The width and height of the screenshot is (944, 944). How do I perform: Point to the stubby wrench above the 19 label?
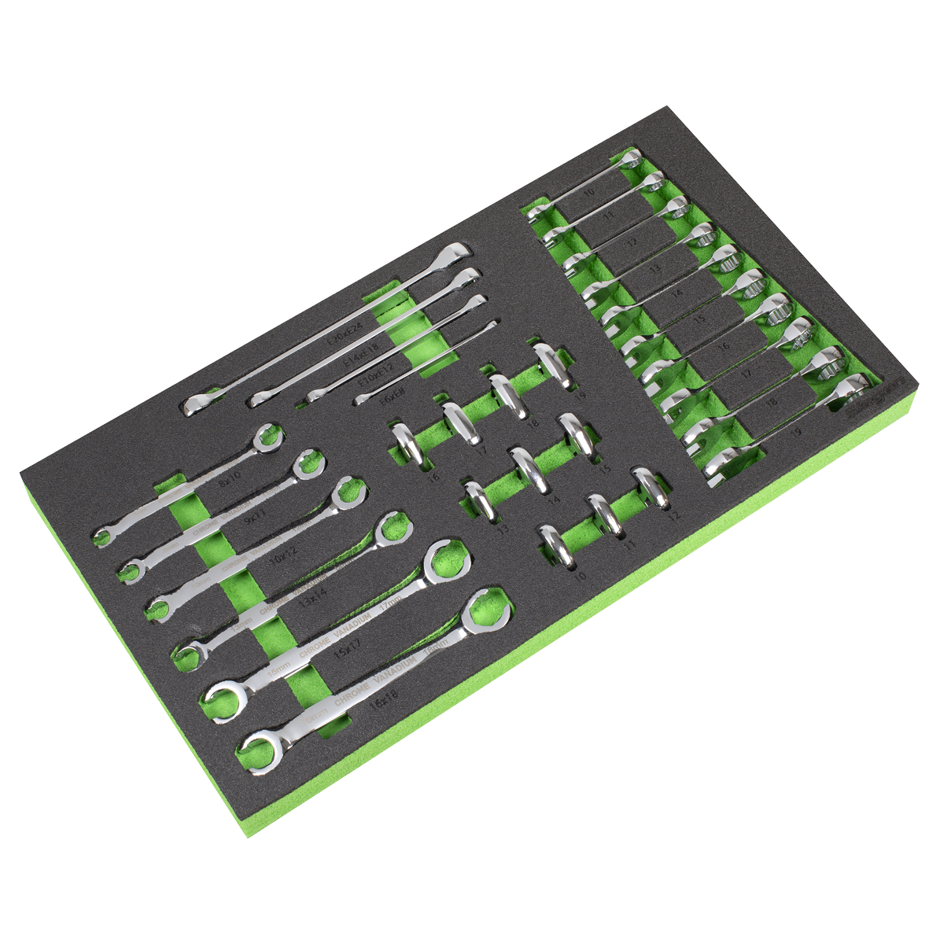pyautogui.click(x=550, y=363)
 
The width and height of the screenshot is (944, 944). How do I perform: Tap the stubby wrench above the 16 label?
pyautogui.click(x=407, y=446)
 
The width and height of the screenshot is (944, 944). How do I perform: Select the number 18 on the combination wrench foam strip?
pyautogui.click(x=771, y=401)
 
